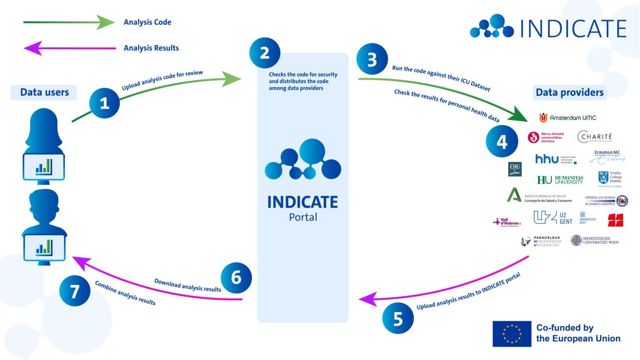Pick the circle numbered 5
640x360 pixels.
pos(398,319)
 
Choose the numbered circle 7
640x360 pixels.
pos(74,291)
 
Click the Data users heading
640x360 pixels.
pos(45,92)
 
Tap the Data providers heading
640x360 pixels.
pos(569,92)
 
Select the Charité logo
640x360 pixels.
pos(595,137)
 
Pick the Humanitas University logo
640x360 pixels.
pos(560,180)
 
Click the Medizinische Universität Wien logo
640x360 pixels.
pos(594,241)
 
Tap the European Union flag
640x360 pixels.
pos(512,333)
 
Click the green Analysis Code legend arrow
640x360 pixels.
pos(69,22)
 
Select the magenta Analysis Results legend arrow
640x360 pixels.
pos(69,48)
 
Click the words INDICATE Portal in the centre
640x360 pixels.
pos(302,208)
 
